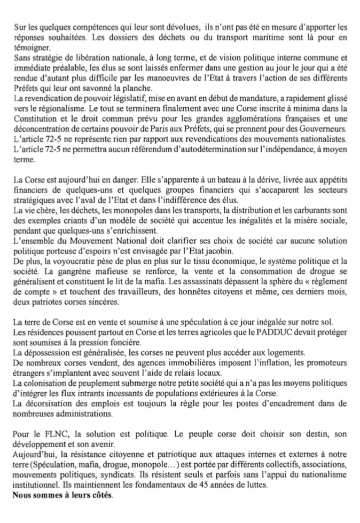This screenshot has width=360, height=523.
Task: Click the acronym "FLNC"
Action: (49, 443)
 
